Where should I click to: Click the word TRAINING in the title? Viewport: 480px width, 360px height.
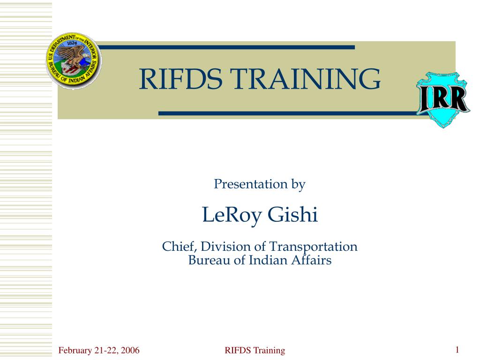coord(305,79)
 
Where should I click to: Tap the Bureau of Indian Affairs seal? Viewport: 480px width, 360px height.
coord(73,61)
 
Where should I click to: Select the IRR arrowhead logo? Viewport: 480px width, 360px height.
coord(443,99)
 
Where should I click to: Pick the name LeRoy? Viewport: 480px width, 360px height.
coord(231,215)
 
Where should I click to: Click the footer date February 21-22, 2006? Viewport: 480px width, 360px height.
coord(99,350)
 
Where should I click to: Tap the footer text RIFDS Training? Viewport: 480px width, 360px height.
coord(255,350)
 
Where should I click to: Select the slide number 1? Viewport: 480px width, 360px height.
coord(457,349)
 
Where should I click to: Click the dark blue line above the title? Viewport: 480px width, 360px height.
coord(227,47)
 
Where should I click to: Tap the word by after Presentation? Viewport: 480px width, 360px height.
coord(299,185)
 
